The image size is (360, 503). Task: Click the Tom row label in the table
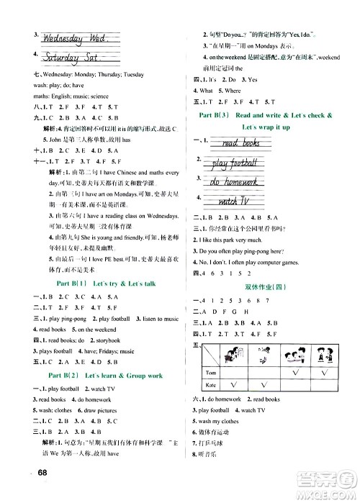[211, 373]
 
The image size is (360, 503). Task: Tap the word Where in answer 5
[233, 91]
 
